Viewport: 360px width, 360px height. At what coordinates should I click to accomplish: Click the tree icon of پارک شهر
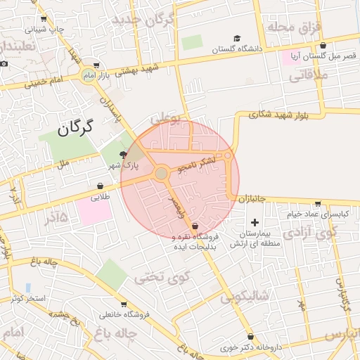(x=124, y=155)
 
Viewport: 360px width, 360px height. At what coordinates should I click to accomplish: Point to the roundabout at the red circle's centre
(x=162, y=173)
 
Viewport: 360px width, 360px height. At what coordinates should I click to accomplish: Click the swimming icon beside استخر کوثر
(x=27, y=288)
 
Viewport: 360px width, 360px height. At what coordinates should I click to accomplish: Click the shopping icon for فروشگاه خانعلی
(x=124, y=304)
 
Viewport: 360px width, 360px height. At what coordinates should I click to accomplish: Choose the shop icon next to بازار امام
(x=106, y=65)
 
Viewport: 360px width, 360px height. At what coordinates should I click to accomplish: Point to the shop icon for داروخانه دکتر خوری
(x=252, y=336)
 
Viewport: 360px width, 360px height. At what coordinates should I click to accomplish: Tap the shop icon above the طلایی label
(x=103, y=186)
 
